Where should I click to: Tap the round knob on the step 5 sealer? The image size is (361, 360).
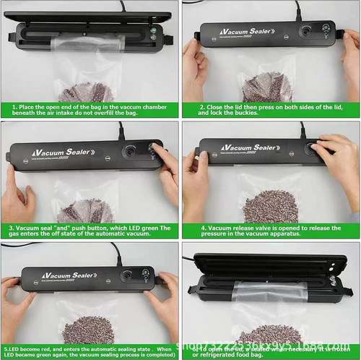click(126, 277)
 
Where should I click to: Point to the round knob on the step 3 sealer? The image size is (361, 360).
click(131, 153)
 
